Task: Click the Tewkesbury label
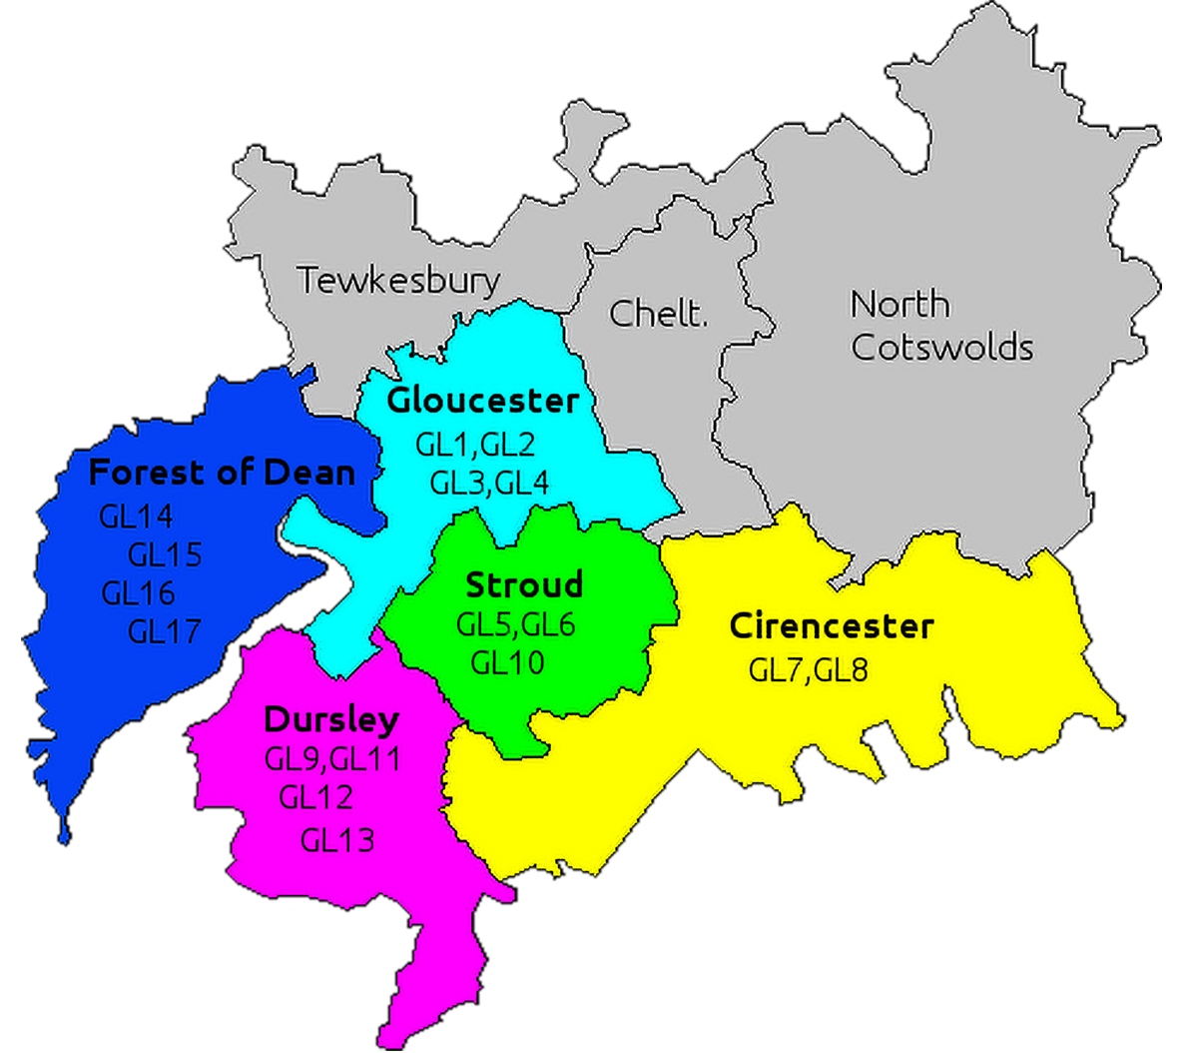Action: [x=398, y=281]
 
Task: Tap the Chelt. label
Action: [x=658, y=314]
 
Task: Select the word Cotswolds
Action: [x=941, y=348]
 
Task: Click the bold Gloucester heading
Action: [x=483, y=401]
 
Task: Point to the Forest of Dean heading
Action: [x=222, y=472]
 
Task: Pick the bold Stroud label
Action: [x=524, y=584]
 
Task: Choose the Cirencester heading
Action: [x=832, y=626]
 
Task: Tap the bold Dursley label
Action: [x=331, y=719]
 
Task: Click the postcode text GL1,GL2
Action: [x=475, y=444]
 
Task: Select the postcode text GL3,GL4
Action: [x=489, y=484]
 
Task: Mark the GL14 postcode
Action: [x=136, y=517]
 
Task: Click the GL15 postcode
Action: [x=165, y=554]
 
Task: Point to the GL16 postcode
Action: [x=138, y=593]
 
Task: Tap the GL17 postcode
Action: [x=165, y=631]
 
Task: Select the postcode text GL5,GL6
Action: [x=515, y=625]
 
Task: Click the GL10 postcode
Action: [x=507, y=662]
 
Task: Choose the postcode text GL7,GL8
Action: [x=808, y=669]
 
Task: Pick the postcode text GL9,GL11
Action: [x=332, y=759]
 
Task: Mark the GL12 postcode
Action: [x=315, y=797]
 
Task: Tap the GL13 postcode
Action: [x=337, y=840]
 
